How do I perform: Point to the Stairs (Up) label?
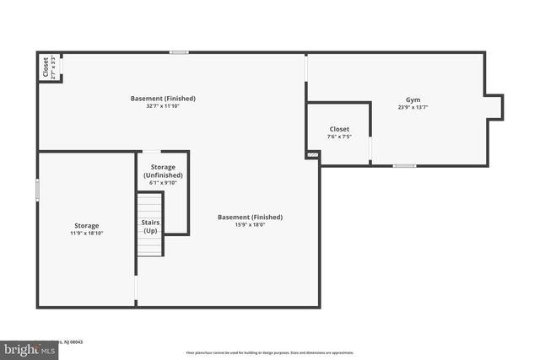point(150,227)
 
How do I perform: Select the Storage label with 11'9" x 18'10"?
point(86,225)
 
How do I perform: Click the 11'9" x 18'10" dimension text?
point(86,234)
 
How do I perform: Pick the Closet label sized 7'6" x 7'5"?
point(339,130)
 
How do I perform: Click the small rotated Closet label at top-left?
point(46,67)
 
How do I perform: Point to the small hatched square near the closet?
point(312,155)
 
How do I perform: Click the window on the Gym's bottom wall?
point(404,165)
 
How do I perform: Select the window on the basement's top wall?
point(178,53)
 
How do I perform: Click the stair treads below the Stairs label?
point(150,244)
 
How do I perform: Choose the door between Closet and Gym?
point(370,148)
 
